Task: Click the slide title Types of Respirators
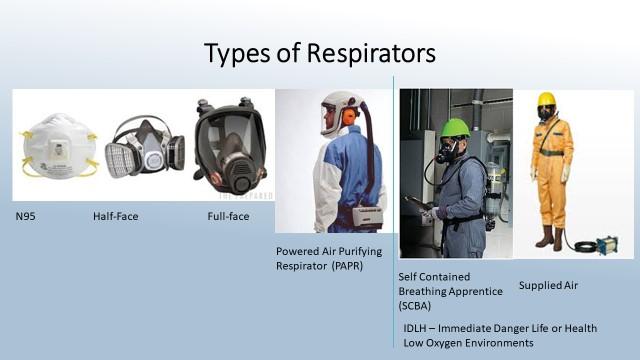coord(319,52)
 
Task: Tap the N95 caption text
coord(25,215)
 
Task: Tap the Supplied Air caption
coord(548,286)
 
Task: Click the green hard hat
coord(455,128)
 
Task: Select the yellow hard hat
coord(546,99)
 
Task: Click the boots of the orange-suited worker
coord(548,238)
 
